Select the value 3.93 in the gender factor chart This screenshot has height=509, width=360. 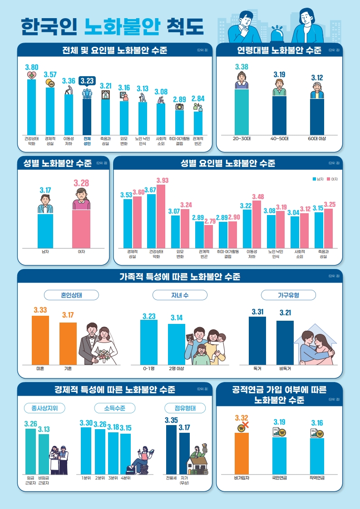[162, 181]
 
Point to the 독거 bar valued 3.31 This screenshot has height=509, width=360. [257, 340]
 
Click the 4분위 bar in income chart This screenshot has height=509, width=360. [125, 453]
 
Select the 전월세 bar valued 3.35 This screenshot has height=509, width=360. [171, 449]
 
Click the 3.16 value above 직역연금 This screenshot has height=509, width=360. [317, 423]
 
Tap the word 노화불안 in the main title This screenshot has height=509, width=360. [122, 27]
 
